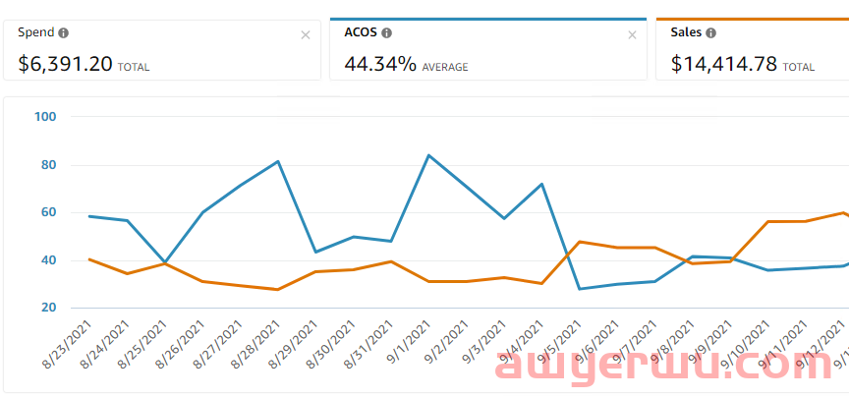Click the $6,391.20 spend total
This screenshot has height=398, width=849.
65,65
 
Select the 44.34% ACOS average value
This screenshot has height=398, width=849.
379,65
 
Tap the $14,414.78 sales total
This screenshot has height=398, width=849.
724,65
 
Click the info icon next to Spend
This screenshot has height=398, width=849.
64,32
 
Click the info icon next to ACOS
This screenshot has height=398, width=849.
386,32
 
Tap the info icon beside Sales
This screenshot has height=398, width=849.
710,32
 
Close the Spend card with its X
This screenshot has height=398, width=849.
306,35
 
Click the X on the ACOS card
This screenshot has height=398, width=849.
632,35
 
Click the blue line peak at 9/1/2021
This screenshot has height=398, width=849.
428,155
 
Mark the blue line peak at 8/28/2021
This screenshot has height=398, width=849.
278,161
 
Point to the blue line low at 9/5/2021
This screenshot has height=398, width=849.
580,289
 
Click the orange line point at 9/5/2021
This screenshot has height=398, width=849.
580,242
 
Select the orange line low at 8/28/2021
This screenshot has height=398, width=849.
278,289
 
